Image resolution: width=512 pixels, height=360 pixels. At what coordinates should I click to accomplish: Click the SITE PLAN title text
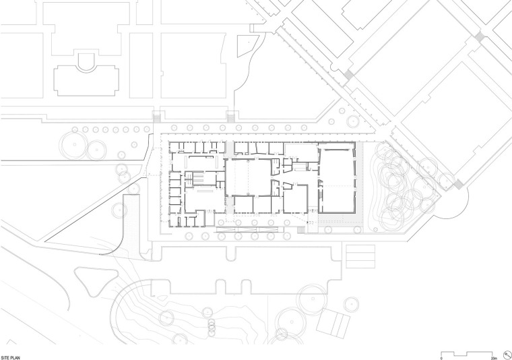click(10, 358)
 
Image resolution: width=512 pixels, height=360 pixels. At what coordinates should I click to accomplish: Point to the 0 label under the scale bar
click(441, 358)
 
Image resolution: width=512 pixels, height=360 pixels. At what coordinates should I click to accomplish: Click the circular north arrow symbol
click(507, 355)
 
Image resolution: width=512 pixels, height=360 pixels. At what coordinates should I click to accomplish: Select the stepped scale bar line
click(467, 353)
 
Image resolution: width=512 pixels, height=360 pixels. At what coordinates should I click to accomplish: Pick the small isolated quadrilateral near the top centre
click(248, 45)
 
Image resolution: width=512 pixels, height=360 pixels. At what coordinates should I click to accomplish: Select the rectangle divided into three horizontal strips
click(360, 256)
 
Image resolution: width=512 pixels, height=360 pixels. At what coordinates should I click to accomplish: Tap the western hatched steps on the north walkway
click(156, 117)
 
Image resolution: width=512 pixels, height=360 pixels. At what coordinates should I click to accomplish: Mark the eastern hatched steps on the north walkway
click(231, 117)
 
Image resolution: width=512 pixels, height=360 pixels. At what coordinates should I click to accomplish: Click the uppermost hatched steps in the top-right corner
click(480, 36)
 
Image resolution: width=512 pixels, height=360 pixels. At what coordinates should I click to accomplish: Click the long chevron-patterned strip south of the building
click(249, 230)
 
